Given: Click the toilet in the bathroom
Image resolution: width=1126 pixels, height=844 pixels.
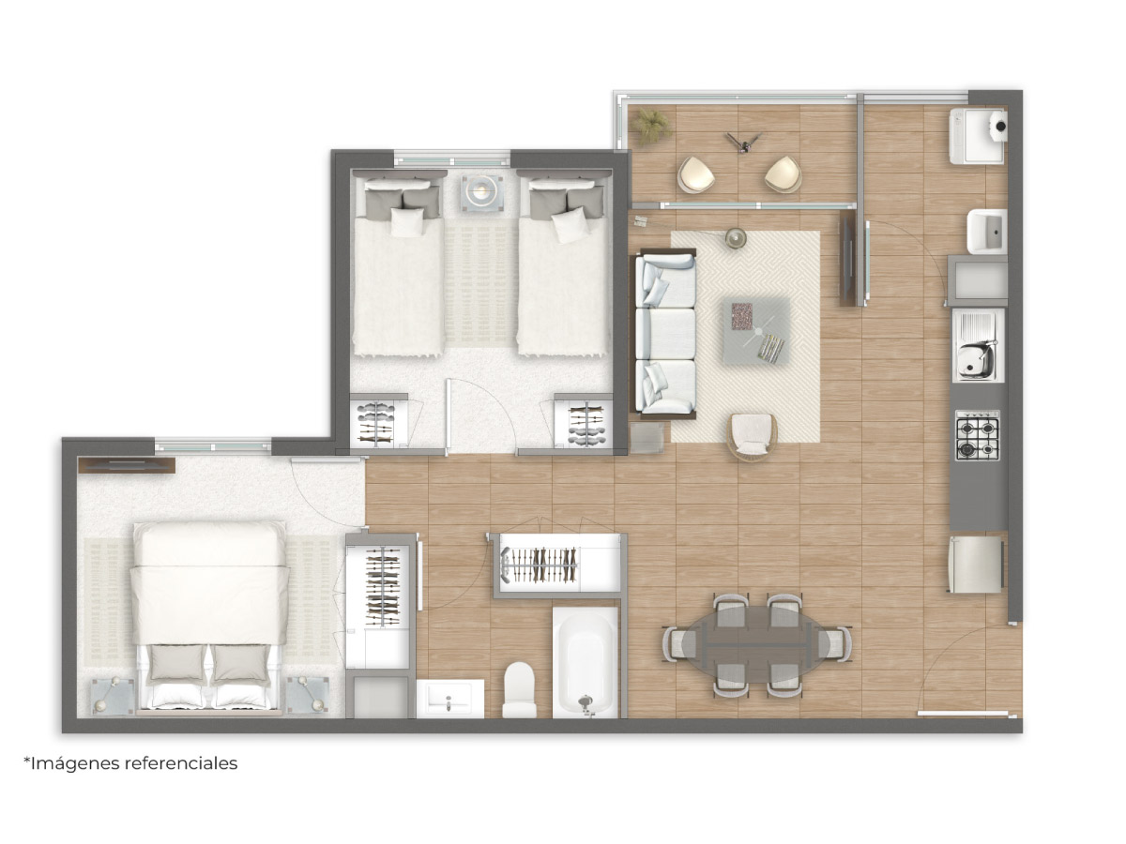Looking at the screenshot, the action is point(519,688).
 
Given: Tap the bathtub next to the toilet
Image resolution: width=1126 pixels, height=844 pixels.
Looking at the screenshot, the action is point(586,661).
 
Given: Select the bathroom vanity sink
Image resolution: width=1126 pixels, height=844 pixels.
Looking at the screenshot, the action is point(449,699).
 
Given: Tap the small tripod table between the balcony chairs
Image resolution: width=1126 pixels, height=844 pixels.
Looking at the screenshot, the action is point(743,142).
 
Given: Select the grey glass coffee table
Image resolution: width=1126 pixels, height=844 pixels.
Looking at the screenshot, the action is point(756,330).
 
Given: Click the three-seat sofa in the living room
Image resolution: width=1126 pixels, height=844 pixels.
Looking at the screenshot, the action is point(663,334).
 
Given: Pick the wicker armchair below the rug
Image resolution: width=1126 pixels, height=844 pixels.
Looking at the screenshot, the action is point(752,437).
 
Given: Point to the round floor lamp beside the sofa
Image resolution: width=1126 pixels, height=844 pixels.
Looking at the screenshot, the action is point(735,238).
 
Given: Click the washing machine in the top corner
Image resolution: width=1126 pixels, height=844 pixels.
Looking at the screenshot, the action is point(978,136).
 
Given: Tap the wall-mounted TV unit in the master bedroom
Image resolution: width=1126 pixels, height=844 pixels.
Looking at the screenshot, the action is point(127,465).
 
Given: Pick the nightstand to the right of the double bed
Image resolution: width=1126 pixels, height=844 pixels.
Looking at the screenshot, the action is point(308,695).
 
